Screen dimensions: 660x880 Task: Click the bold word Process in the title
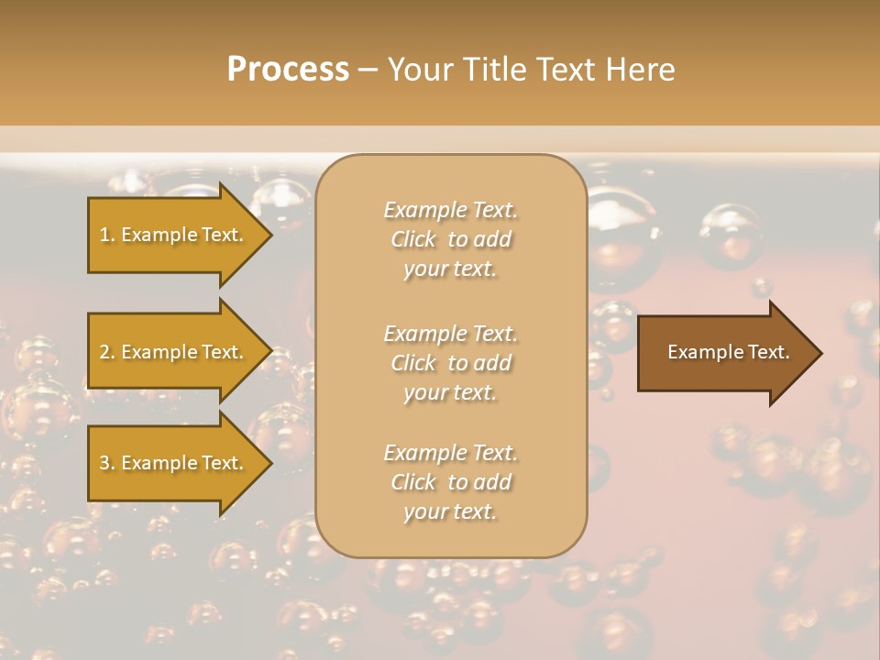click(288, 70)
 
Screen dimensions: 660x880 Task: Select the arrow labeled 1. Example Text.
click(174, 235)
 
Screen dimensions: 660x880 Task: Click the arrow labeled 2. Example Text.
click(174, 352)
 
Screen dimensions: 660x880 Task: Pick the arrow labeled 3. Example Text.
click(174, 463)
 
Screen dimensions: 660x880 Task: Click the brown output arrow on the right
click(724, 352)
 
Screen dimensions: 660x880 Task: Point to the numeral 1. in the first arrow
click(107, 235)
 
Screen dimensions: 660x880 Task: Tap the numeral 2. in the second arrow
click(107, 352)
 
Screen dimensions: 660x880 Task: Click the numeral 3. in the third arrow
click(107, 463)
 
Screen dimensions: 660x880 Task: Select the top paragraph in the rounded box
click(450, 239)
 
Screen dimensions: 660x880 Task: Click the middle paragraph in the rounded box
click(450, 363)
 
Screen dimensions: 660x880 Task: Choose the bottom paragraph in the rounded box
click(450, 482)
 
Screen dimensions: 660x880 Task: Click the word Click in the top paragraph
click(413, 239)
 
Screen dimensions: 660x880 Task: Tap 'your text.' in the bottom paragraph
click(450, 511)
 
